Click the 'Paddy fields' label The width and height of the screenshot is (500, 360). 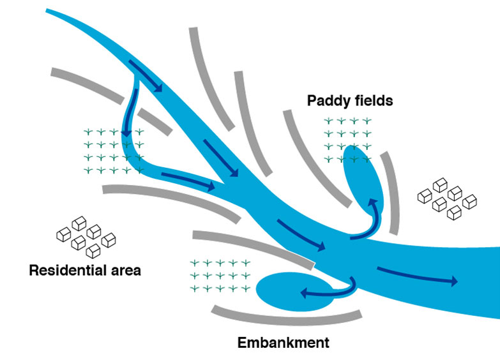click(349, 101)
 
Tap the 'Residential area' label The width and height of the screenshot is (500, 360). click(85, 271)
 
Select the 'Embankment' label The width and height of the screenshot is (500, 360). click(283, 343)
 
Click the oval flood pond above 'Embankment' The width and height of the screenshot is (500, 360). click(287, 291)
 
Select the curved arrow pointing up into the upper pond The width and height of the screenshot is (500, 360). click(367, 220)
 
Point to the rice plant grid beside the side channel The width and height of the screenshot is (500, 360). click(114, 151)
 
